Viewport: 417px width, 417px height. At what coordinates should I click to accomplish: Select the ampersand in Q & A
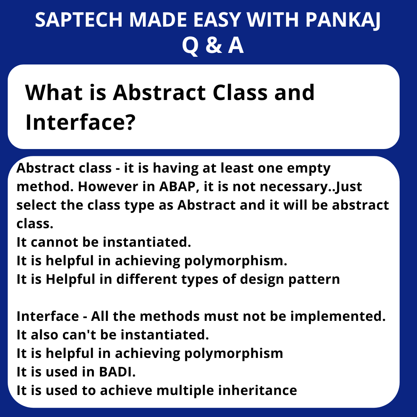[x=213, y=46]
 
